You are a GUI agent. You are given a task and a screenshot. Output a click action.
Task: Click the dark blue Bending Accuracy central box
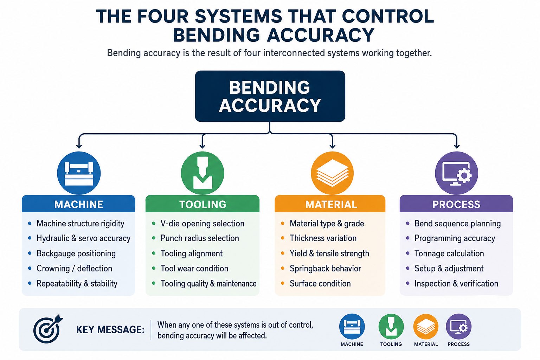(x=270, y=96)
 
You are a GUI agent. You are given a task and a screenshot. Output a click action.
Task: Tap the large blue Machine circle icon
(x=79, y=173)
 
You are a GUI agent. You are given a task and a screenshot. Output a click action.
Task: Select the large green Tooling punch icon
(x=202, y=173)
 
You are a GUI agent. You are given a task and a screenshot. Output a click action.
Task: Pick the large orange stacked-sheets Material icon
(x=332, y=173)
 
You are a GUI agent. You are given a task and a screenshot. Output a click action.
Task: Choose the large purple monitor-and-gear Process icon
(x=456, y=173)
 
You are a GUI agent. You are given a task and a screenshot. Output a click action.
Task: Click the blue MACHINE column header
(x=78, y=204)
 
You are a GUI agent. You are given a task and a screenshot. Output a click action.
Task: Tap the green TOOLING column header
(x=202, y=204)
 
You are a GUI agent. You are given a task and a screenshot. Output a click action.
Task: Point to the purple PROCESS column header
(x=456, y=204)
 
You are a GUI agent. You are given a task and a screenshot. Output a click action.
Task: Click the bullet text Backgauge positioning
(x=76, y=253)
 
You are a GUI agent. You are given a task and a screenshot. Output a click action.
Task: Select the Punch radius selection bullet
(x=200, y=238)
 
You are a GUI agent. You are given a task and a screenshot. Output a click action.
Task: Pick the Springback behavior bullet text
(x=326, y=268)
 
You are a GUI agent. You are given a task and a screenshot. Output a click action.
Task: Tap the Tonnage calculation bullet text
(x=449, y=253)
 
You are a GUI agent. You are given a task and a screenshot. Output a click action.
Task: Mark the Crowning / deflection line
(x=75, y=268)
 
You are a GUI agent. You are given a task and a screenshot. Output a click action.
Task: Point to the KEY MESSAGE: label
(x=110, y=330)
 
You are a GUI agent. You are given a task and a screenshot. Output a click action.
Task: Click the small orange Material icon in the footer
(x=426, y=327)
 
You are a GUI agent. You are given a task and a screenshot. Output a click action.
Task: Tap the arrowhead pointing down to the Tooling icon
(x=202, y=146)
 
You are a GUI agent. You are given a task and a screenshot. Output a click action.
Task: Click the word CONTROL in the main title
(x=388, y=17)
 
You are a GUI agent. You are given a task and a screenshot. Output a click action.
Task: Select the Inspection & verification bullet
(x=456, y=284)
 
